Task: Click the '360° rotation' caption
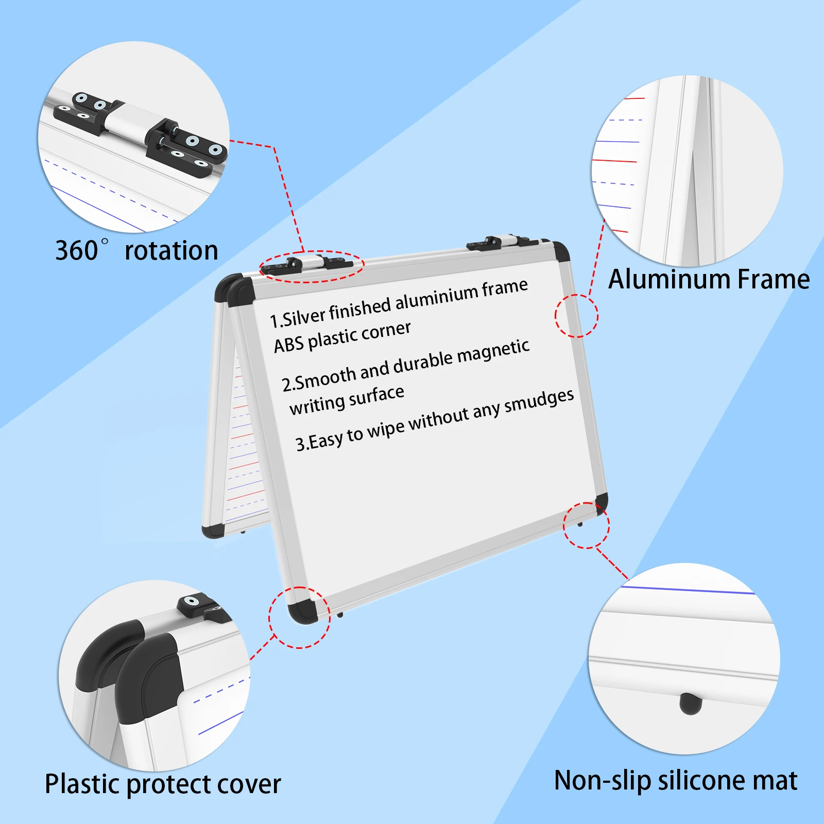click(136, 251)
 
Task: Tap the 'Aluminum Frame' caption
click(709, 280)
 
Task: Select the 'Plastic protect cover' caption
click(163, 784)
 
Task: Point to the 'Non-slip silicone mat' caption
click(675, 781)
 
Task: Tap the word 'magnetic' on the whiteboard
click(493, 352)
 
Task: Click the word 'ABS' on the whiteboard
click(288, 344)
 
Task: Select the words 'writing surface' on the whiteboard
click(347, 400)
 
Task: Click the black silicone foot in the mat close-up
click(690, 703)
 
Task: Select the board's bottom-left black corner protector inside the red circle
click(302, 612)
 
